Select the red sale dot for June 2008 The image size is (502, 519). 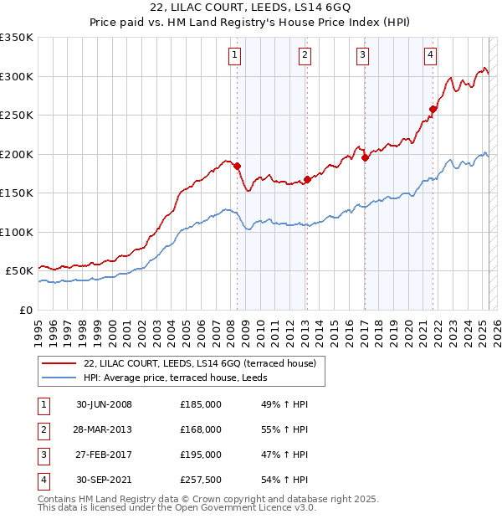pos(237,166)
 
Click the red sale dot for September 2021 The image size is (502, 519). pos(433,108)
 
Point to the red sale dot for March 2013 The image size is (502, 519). pos(307,179)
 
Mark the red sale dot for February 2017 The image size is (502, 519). pos(365,157)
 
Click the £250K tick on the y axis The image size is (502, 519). pos(17,115)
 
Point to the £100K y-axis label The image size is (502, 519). pos(17,232)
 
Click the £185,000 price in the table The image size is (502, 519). pos(201,404)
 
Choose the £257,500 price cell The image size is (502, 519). pos(201,480)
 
